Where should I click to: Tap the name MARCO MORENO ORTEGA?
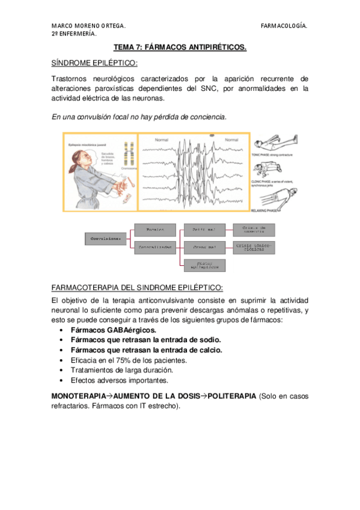88,26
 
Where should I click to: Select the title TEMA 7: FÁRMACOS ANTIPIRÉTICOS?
180,48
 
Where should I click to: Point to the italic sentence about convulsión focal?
139,117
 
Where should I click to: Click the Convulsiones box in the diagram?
106,239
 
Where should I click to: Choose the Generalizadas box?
153,247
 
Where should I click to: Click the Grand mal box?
200,247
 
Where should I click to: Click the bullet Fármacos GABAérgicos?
113,330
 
